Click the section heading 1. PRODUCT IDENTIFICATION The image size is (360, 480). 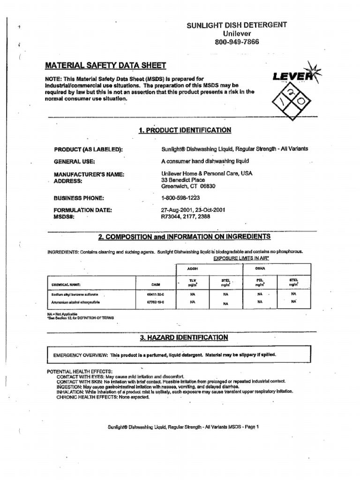pyautogui.click(x=185, y=130)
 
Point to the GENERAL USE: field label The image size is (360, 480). pyautogui.click(x=75, y=162)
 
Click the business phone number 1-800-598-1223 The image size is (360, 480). pyautogui.click(x=180, y=198)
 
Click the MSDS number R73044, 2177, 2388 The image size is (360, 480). pyautogui.click(x=186, y=217)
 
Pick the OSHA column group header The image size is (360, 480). pyautogui.click(x=260, y=269)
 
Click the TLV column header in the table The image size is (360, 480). pyautogui.click(x=192, y=280)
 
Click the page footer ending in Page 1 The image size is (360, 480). pyautogui.click(x=183, y=427)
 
